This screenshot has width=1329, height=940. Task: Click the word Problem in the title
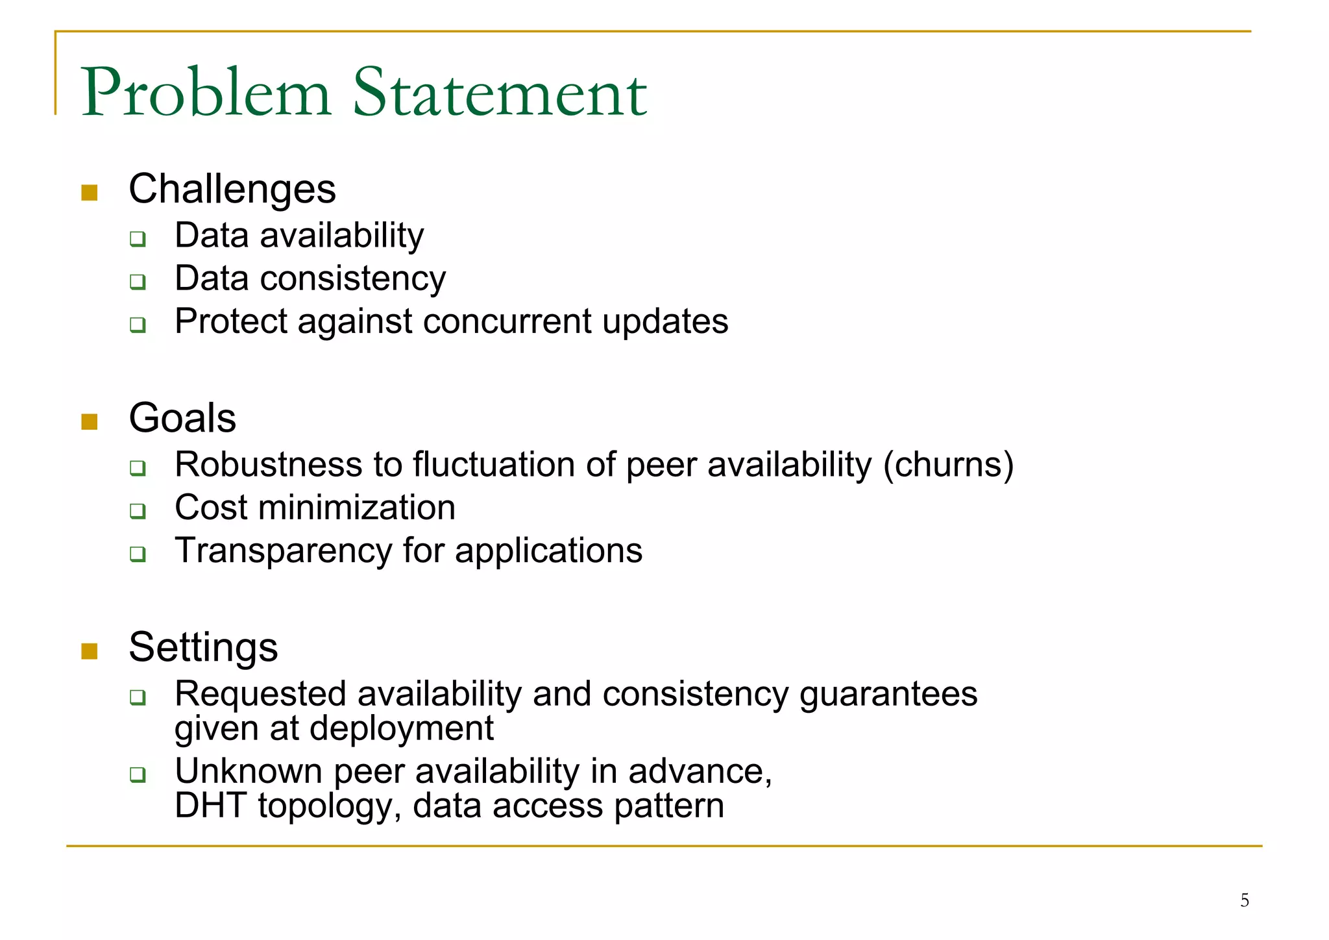point(206,93)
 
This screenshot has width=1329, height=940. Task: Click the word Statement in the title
point(500,93)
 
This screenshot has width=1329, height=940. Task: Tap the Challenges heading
point(232,190)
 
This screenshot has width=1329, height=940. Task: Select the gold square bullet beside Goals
point(90,422)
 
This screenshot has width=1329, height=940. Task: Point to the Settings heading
point(203,648)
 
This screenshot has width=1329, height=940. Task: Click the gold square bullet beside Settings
point(90,651)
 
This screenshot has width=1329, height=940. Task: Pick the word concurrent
point(507,321)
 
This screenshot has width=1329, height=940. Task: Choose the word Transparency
point(284,551)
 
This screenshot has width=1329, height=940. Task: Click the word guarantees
point(888,694)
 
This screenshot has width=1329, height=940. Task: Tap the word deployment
point(402,729)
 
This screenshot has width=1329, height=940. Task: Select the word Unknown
point(249,772)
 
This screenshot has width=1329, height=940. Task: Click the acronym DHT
point(210,806)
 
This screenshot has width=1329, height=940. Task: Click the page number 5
point(1245,900)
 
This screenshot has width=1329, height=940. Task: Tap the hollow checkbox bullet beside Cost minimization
point(138,511)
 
